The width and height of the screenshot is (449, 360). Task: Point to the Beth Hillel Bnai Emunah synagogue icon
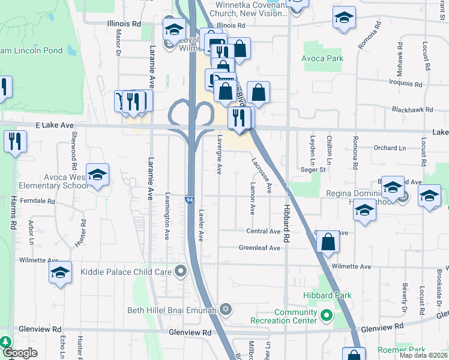tap(226, 310)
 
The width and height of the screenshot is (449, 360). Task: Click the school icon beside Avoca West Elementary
tap(97, 175)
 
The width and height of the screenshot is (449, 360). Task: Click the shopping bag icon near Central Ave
tap(328, 242)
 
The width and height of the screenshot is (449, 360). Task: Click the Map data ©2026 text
tap(423, 355)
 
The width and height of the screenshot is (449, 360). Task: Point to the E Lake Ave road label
tap(54, 125)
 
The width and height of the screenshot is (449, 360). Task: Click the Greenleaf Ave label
tap(259, 248)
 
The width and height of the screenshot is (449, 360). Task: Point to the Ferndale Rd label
tap(37, 199)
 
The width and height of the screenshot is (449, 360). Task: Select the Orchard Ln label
tap(390, 148)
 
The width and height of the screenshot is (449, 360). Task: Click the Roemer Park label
tap(401, 350)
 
